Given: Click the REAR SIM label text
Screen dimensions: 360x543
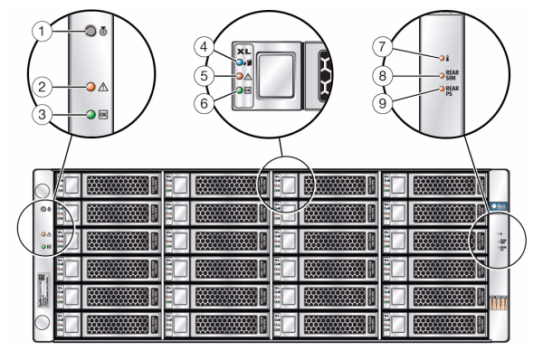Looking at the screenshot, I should coord(455,76).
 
